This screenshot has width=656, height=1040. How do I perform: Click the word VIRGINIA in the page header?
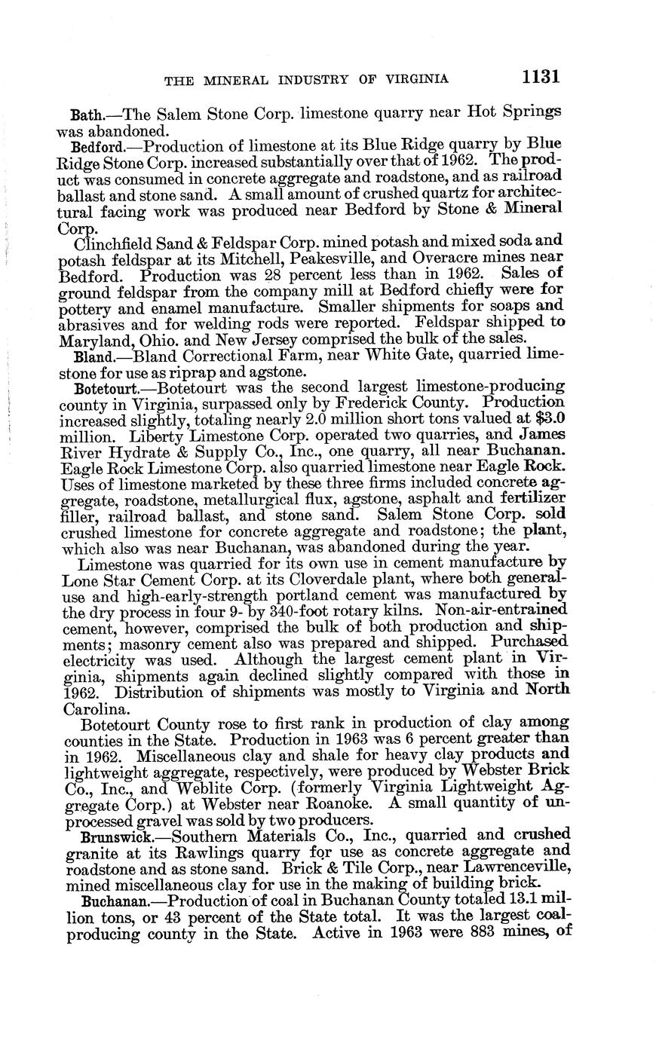pos(410,78)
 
